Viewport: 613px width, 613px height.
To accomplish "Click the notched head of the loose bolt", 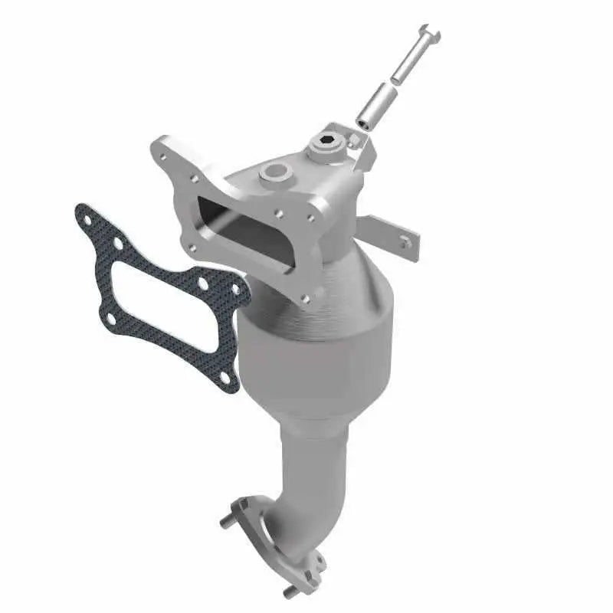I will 431,34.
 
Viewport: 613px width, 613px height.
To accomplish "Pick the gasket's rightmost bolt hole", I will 236,290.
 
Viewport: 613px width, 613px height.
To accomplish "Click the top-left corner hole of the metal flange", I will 162,157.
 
